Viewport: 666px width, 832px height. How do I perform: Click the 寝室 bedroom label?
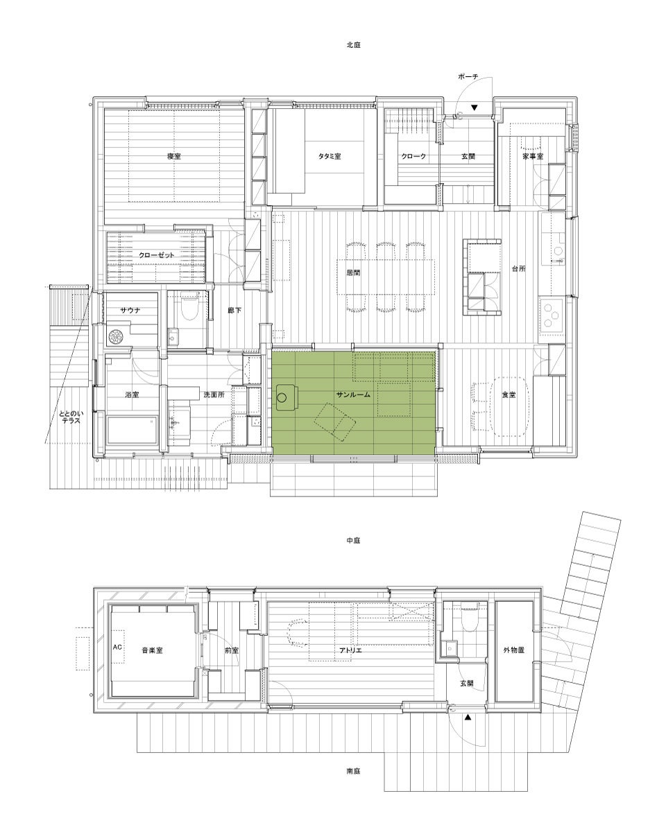pyautogui.click(x=174, y=157)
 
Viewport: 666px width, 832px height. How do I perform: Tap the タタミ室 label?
pyautogui.click(x=330, y=157)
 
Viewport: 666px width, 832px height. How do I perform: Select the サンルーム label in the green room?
pyautogui.click(x=353, y=395)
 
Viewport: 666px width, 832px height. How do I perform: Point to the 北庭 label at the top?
pyautogui.click(x=353, y=45)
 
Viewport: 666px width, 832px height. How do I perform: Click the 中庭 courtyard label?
pyautogui.click(x=353, y=541)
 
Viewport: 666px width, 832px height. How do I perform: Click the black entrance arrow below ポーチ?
pyautogui.click(x=475, y=107)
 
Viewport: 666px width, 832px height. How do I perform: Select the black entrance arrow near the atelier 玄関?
pyautogui.click(x=468, y=718)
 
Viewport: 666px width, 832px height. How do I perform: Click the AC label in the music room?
pyautogui.click(x=118, y=647)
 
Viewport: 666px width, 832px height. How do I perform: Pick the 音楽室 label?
pyautogui.click(x=152, y=650)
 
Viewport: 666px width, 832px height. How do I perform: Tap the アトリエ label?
pyautogui.click(x=350, y=650)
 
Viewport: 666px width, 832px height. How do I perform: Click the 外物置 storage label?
pyautogui.click(x=513, y=650)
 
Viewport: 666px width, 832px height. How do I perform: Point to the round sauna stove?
pyautogui.click(x=115, y=336)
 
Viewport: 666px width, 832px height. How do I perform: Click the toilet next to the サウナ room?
pyautogui.click(x=189, y=308)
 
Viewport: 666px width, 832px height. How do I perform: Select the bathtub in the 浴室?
pyautogui.click(x=133, y=430)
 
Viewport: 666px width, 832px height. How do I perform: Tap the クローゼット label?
pyautogui.click(x=156, y=255)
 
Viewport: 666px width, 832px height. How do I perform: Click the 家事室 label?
pyautogui.click(x=533, y=157)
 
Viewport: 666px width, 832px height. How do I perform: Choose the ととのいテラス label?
pyautogui.click(x=71, y=417)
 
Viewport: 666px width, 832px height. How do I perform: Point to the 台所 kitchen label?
pyautogui.click(x=519, y=269)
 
